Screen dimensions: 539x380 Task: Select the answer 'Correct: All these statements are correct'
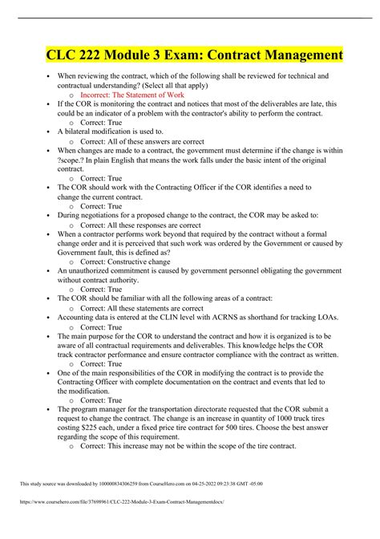[157, 307]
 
